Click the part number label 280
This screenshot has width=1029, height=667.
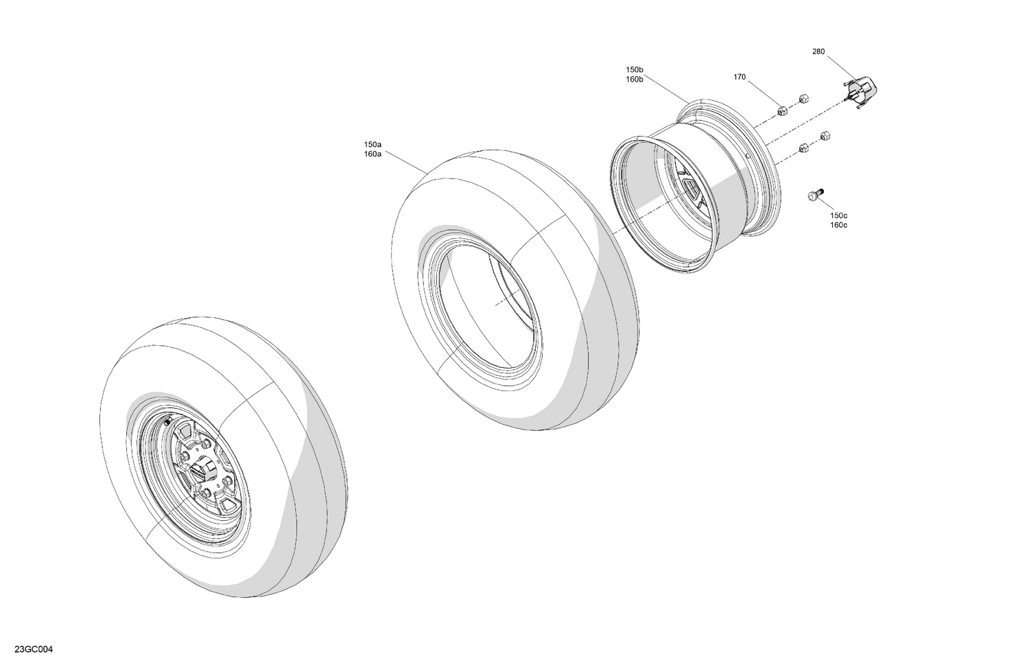(818, 51)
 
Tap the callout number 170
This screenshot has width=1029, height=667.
(740, 78)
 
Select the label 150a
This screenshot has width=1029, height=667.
(373, 145)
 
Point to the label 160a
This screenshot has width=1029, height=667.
(373, 154)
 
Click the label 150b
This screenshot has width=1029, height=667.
(634, 70)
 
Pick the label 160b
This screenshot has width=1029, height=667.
(634, 80)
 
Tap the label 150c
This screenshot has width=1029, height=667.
(838, 215)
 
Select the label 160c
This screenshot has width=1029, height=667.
(838, 225)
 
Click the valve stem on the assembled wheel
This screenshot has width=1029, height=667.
(167, 422)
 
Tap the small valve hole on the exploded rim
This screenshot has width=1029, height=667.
(746, 156)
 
